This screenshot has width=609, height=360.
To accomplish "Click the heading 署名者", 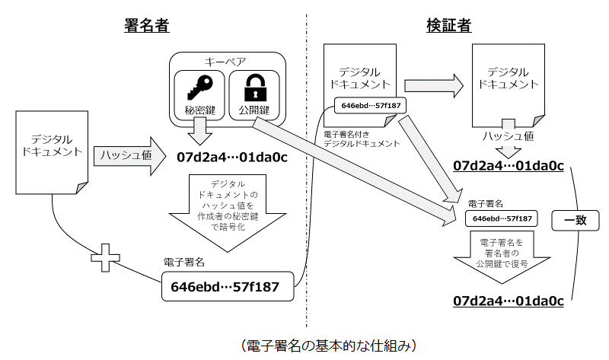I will coord(146,26).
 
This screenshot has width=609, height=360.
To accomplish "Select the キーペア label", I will coord(227,61).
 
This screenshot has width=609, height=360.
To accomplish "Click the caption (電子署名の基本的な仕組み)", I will coord(329,346).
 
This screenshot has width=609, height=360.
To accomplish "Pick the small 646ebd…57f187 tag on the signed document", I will coord(371,105).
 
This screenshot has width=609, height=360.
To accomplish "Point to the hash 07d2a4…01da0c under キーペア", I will coord(231,159).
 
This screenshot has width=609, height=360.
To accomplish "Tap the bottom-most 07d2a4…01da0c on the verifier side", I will coord(509,299).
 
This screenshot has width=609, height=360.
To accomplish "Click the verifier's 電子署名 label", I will coord(485,204).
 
